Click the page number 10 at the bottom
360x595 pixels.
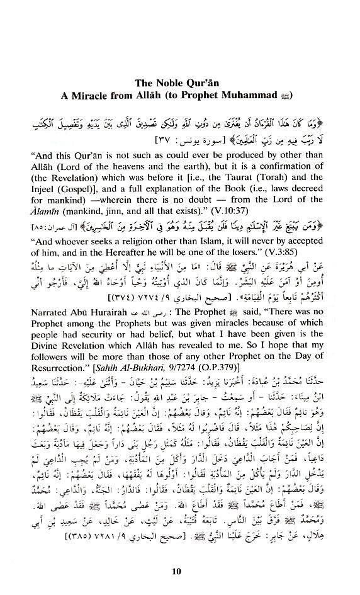point(180,570)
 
